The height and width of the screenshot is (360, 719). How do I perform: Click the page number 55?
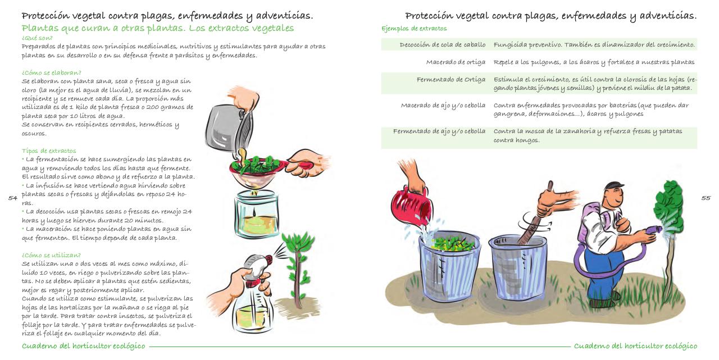[x=706, y=198]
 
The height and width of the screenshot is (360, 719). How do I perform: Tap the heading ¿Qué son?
[x=37, y=38]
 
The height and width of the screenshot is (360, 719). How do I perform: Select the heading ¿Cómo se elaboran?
[x=52, y=72]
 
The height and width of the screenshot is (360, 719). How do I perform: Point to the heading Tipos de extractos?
[x=49, y=151]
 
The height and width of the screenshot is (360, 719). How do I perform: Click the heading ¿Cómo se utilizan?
[x=51, y=255]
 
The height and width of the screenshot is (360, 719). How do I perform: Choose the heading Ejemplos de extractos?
[x=414, y=29]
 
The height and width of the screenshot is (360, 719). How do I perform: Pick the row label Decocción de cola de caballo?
[x=442, y=44]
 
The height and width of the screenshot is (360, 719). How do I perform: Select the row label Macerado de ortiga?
[x=456, y=62]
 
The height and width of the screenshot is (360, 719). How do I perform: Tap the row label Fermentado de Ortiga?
[x=450, y=79]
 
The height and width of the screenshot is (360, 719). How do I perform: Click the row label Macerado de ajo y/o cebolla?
[x=443, y=105]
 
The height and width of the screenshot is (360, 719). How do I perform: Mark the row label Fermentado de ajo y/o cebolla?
[x=439, y=131]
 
